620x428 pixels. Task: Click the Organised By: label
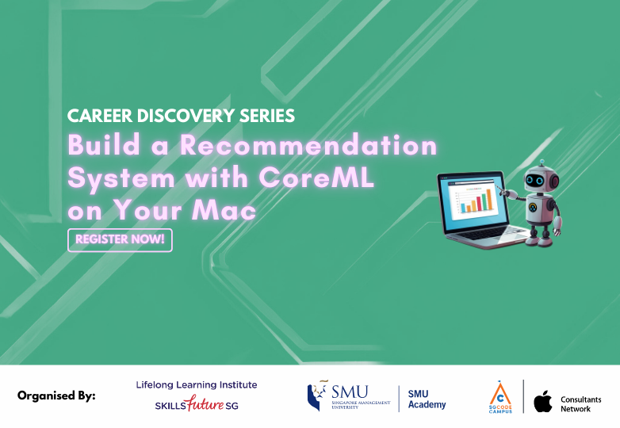pos(56,396)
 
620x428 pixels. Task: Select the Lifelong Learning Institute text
pos(197,385)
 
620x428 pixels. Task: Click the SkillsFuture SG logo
pos(197,405)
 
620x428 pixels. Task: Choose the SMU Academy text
pos(427,399)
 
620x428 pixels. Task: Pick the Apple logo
pos(542,401)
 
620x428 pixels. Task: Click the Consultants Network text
pos(581,403)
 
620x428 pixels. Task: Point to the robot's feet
pos(541,239)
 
